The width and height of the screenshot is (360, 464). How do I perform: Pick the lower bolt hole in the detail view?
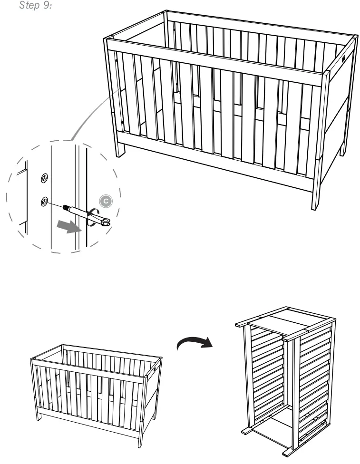tap(44, 202)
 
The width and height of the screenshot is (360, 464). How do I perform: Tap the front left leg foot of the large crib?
tap(121, 153)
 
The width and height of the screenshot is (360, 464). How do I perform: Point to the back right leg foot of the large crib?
tap(343, 153)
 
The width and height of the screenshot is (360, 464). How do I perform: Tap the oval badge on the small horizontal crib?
tap(155, 369)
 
